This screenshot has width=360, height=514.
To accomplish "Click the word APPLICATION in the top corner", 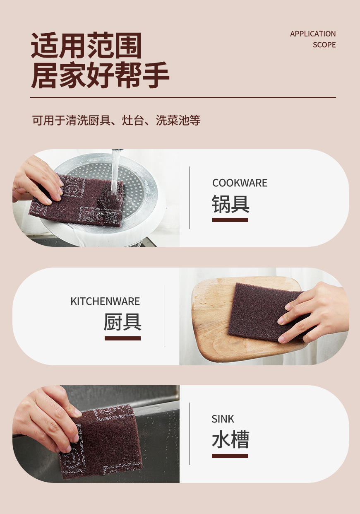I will (x=312, y=34).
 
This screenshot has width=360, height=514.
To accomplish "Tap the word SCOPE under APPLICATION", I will (x=324, y=45).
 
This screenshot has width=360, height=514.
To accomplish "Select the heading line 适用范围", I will (x=86, y=46).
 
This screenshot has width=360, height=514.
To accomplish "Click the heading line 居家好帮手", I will (x=100, y=76).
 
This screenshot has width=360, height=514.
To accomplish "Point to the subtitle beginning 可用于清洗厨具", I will (x=116, y=121).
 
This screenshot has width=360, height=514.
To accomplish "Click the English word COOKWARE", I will (x=240, y=183).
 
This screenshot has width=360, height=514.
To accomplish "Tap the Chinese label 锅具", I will (x=230, y=204).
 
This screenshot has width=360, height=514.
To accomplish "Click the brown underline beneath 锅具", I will (x=230, y=220).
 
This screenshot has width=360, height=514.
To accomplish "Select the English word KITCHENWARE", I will (x=105, y=301).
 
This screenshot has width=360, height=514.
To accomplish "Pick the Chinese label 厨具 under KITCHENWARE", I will (x=122, y=322).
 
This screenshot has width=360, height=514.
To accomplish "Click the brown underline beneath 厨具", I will (x=122, y=338).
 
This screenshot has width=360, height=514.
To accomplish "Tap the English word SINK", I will (x=223, y=419).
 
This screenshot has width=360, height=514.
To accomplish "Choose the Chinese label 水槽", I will (x=230, y=440).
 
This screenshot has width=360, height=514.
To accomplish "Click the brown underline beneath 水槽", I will (x=230, y=456).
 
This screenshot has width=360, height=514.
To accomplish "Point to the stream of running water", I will (x=115, y=170).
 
